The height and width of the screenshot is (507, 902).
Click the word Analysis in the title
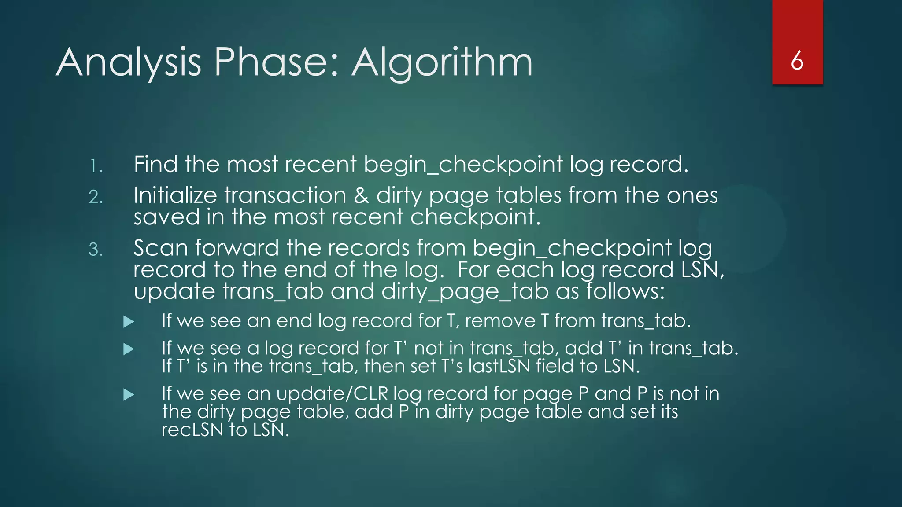click(129, 63)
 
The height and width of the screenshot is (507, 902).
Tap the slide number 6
click(797, 61)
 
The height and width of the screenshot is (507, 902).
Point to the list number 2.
click(96, 197)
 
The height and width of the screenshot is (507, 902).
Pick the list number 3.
click(96, 250)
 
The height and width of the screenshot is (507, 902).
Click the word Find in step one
click(155, 164)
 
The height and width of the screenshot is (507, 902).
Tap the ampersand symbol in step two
click(361, 195)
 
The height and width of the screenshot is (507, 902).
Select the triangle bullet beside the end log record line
click(129, 322)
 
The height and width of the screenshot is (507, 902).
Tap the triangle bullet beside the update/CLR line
click(129, 394)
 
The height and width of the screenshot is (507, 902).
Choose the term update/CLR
click(332, 394)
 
